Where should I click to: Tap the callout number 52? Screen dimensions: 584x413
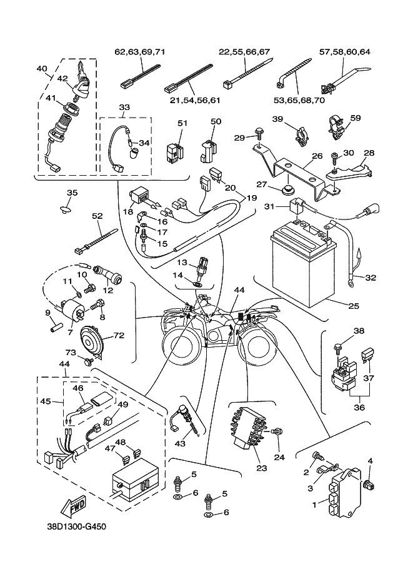click(x=97, y=216)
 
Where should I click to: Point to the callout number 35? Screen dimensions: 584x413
click(x=72, y=193)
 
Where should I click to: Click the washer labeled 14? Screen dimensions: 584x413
click(x=197, y=283)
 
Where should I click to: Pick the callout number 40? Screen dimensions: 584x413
click(x=42, y=69)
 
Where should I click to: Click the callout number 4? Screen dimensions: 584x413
click(x=370, y=461)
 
